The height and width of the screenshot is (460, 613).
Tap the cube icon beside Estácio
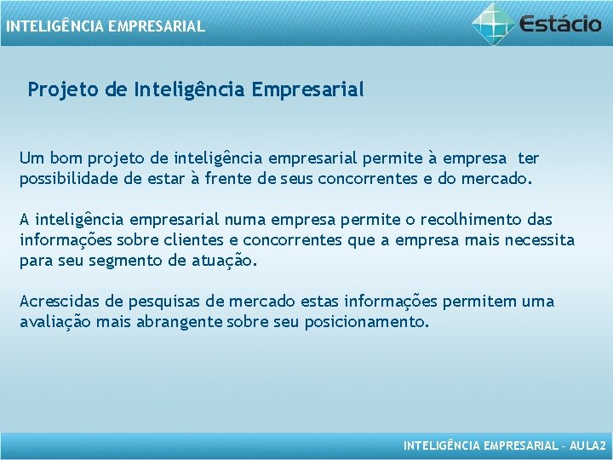(494, 23)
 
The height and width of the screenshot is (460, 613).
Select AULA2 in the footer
(587, 446)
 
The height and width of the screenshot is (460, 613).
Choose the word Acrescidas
(60, 302)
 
